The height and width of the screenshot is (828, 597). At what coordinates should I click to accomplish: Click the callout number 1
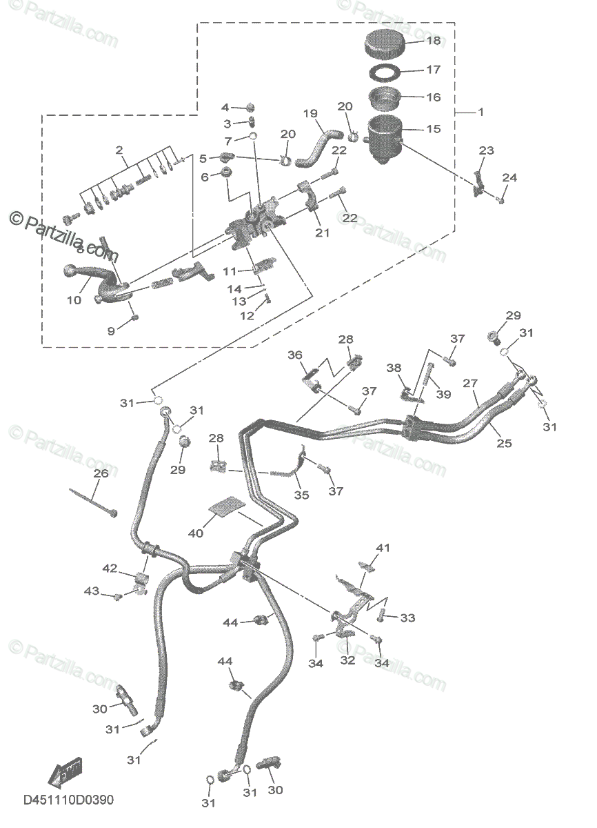coord(480,112)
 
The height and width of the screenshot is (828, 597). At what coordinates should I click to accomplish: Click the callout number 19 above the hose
coord(310,112)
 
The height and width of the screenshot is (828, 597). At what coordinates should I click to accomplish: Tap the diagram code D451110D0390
coord(68,800)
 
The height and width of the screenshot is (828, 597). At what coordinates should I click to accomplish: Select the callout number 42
coord(110,568)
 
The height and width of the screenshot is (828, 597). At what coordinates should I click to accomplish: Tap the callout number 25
coord(505,443)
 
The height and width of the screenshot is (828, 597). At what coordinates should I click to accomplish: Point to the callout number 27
coord(470,383)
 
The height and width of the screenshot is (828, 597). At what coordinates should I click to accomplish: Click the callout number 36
coord(295,355)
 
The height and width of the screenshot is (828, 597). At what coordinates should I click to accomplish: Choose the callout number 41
coord(383,548)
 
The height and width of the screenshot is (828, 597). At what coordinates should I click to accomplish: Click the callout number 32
coord(347,660)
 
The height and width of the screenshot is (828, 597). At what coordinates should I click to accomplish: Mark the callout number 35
coord(301,495)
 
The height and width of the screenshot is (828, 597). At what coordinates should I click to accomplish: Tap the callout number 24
coord(509,178)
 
